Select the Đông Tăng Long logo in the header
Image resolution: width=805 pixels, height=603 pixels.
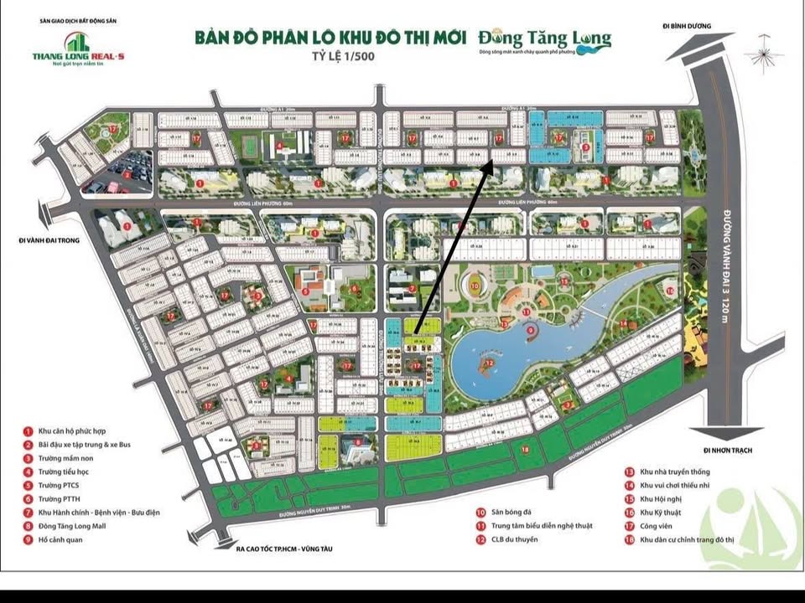(545, 41)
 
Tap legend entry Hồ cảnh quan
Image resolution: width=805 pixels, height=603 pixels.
(60, 539)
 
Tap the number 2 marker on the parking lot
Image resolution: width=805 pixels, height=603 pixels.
(126, 175)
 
